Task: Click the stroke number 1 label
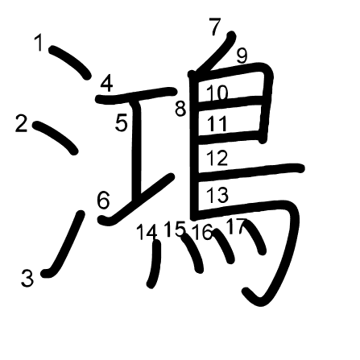pyautogui.click(x=39, y=43)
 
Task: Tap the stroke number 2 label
pyautogui.click(x=22, y=123)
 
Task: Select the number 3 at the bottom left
pyautogui.click(x=27, y=278)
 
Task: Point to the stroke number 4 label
pyautogui.click(x=106, y=84)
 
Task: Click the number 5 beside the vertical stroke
pyautogui.click(x=122, y=122)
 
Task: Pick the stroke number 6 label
pyautogui.click(x=104, y=200)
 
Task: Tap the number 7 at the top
pyautogui.click(x=215, y=27)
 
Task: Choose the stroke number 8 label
pyautogui.click(x=180, y=109)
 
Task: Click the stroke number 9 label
pyautogui.click(x=242, y=56)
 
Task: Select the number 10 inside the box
pyautogui.click(x=217, y=93)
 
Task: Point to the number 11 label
pyautogui.click(x=217, y=124)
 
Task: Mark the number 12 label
pyautogui.click(x=217, y=158)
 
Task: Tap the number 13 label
pyautogui.click(x=217, y=195)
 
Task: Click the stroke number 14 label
pyautogui.click(x=147, y=232)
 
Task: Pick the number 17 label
pyautogui.click(x=237, y=226)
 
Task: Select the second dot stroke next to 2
pyautogui.click(x=56, y=137)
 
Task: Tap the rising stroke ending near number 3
pyautogui.click(x=64, y=244)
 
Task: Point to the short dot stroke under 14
pyautogui.click(x=155, y=264)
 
